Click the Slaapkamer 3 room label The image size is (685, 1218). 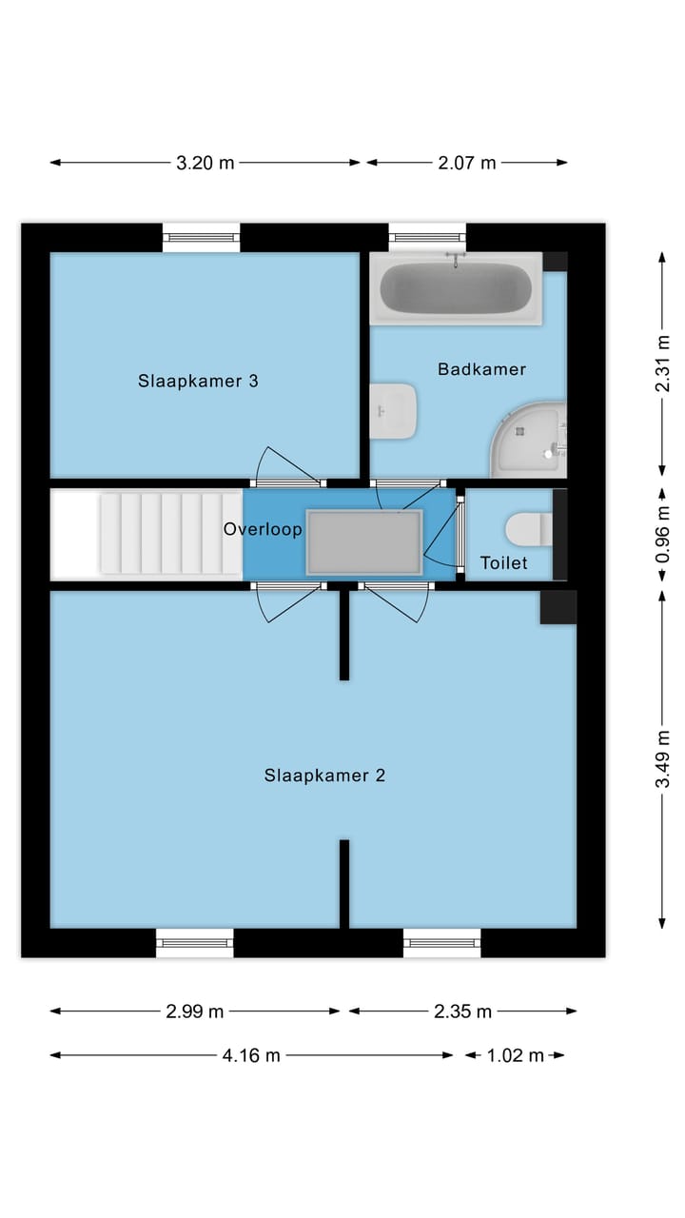pyautogui.click(x=198, y=382)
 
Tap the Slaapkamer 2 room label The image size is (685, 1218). pyautogui.click(x=324, y=776)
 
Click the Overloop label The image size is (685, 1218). pyautogui.click(x=263, y=529)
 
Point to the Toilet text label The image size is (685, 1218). pyautogui.click(x=503, y=563)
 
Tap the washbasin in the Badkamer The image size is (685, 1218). pyautogui.click(x=394, y=411)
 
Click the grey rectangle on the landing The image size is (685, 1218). pyautogui.click(x=363, y=542)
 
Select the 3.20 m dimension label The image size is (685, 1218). pyautogui.click(x=205, y=163)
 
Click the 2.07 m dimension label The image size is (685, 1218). pyautogui.click(x=467, y=163)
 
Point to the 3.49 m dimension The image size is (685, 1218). pyautogui.click(x=663, y=758)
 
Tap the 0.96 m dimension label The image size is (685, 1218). pyautogui.click(x=663, y=539)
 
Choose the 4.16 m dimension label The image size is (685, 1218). pyautogui.click(x=251, y=1055)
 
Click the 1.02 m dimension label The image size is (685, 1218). pyautogui.click(x=515, y=1055)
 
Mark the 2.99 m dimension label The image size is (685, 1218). pyautogui.click(x=195, y=1012)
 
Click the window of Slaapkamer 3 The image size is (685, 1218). pyautogui.click(x=201, y=237)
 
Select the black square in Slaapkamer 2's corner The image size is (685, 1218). pyautogui.click(x=558, y=607)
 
